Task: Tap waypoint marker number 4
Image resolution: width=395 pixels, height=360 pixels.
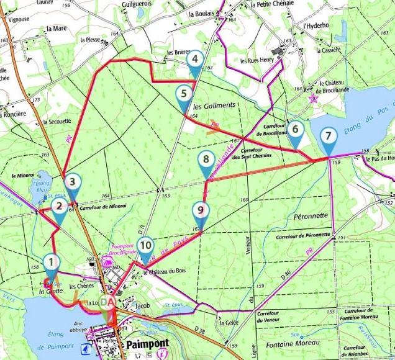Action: [195, 60]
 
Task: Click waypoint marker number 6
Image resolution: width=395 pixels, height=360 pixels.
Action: [296, 130]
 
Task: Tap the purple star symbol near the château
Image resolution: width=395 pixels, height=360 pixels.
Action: [314, 97]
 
